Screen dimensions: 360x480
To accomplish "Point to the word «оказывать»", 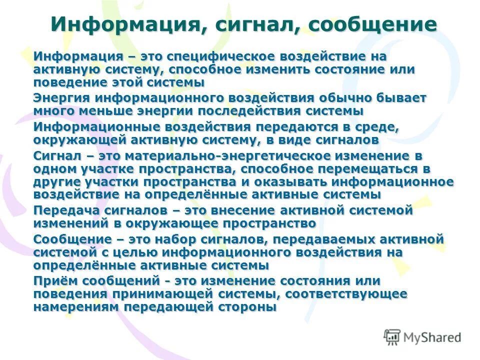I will click(283, 181).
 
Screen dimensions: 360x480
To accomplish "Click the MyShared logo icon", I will click(392, 337).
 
